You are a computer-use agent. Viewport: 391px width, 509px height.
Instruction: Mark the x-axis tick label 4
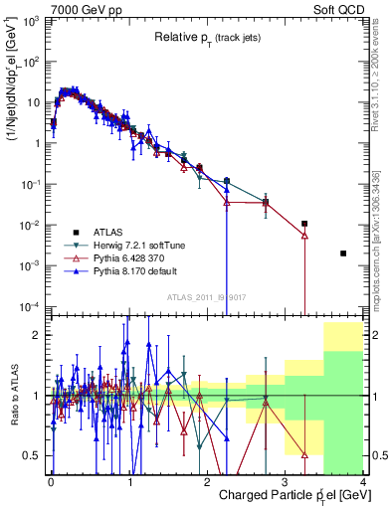(x=363, y=482)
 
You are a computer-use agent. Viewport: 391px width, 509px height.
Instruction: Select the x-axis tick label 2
(x=207, y=482)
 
